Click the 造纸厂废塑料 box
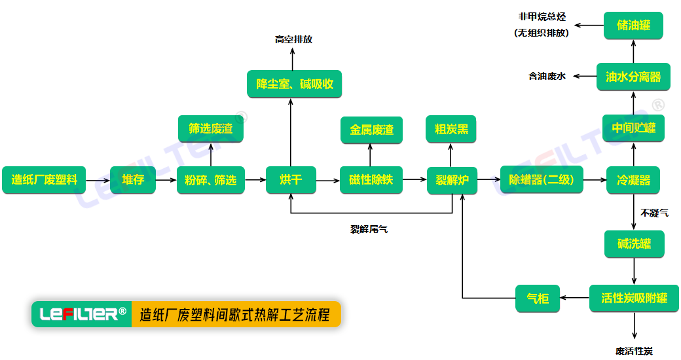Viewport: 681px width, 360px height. pyautogui.click(x=44, y=179)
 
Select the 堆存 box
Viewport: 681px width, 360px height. pyautogui.click(x=133, y=179)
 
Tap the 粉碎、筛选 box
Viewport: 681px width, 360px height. pyautogui.click(x=210, y=180)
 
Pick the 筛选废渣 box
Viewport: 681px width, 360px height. pyautogui.click(x=210, y=129)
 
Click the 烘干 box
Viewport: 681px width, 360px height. pyautogui.click(x=291, y=179)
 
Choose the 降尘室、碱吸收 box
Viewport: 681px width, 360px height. pyautogui.click(x=295, y=84)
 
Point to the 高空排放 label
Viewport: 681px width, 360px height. pyautogui.click(x=293, y=39)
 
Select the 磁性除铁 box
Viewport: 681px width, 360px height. pyautogui.click(x=371, y=179)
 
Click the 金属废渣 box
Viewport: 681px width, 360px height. pyautogui.click(x=371, y=130)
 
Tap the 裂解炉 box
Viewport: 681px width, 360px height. pyautogui.click(x=452, y=180)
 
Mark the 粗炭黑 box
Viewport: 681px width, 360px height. pyautogui.click(x=451, y=129)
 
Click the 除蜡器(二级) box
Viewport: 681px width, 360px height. pyautogui.click(x=541, y=180)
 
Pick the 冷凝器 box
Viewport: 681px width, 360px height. pyautogui.click(x=633, y=180)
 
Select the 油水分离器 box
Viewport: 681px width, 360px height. pyautogui.click(x=633, y=77)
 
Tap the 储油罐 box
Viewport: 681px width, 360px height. pyautogui.click(x=633, y=26)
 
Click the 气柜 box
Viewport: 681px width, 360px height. pyautogui.click(x=538, y=298)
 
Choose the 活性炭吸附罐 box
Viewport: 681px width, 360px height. pyautogui.click(x=634, y=298)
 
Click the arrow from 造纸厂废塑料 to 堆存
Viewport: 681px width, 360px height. pyautogui.click(x=98, y=180)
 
